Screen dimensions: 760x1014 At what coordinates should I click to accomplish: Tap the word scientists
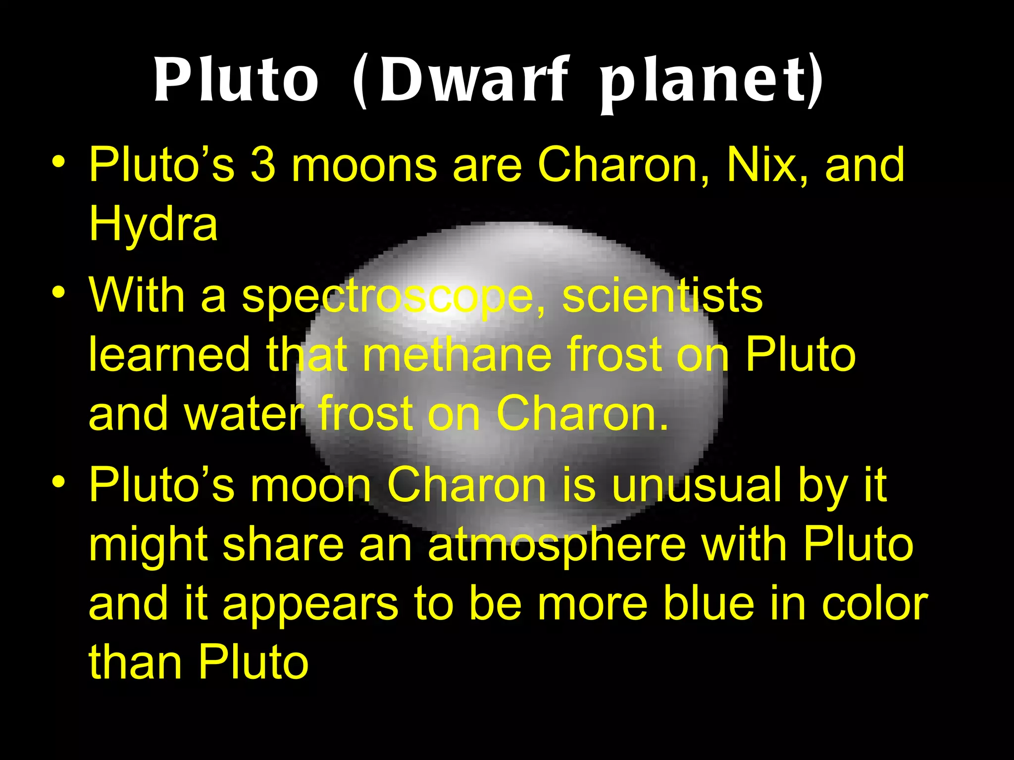pyautogui.click(x=662, y=296)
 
